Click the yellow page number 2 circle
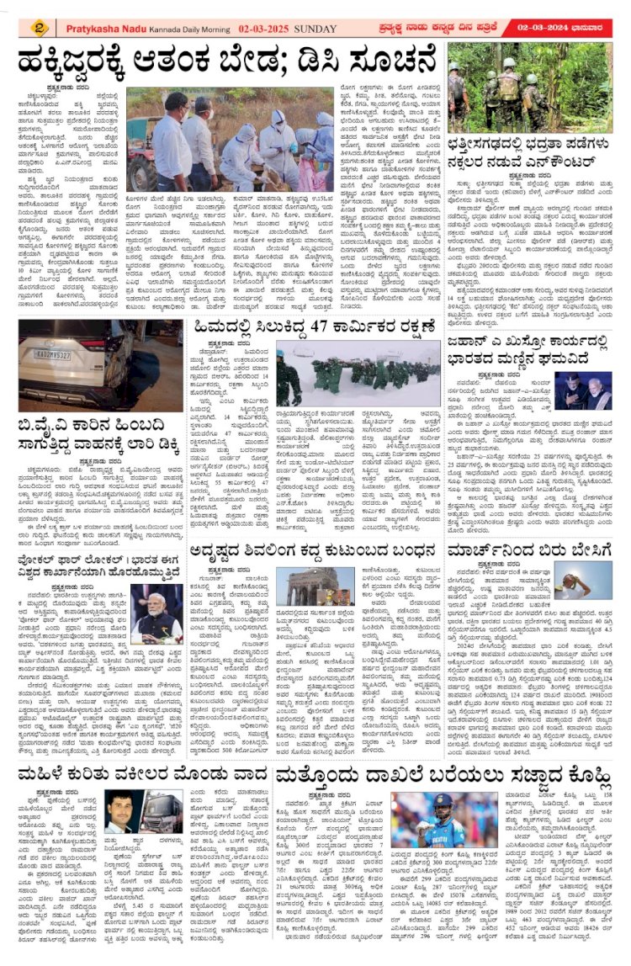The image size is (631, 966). (40, 28)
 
